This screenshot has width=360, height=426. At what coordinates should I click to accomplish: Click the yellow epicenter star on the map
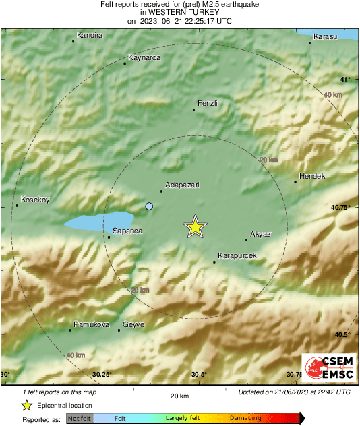coord(195,227)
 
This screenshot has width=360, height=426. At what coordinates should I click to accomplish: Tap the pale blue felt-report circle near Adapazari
coord(150,206)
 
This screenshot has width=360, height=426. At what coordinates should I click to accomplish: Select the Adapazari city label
coord(183,185)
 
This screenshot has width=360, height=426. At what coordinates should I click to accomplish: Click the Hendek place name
coord(312,176)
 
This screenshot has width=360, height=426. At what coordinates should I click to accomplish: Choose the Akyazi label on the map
coord(261,233)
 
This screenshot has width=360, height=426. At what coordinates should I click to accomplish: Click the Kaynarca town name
coord(144,58)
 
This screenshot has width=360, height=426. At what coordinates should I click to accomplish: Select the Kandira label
coord(90,35)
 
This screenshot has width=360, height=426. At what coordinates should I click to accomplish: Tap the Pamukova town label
coord(91,324)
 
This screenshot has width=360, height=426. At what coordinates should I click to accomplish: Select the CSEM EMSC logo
coord(325,368)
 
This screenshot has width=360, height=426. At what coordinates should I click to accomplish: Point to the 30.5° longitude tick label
coord(198,375)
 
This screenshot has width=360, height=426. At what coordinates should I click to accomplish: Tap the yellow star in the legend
coord(26,405)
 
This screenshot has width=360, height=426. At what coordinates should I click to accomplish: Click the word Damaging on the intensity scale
coord(245,419)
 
